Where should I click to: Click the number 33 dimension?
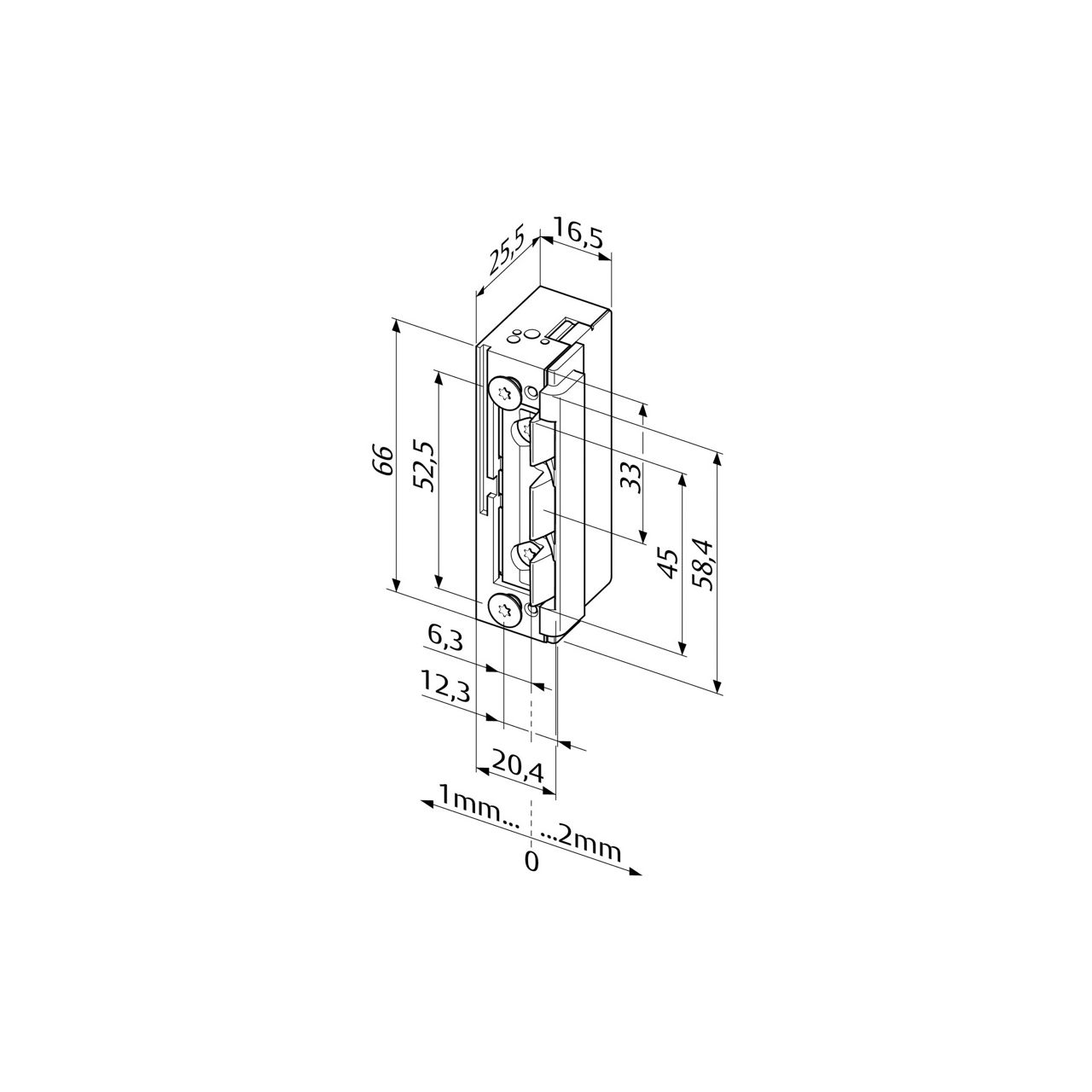(630, 477)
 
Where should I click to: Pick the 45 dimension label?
(669, 562)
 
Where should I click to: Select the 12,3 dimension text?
(444, 686)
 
